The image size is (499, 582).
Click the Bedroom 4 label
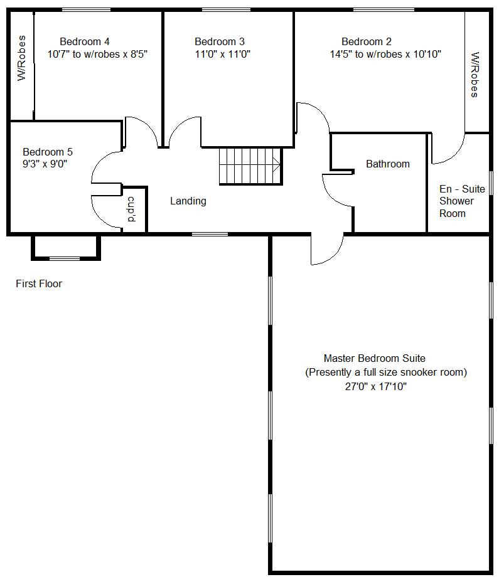point(85,41)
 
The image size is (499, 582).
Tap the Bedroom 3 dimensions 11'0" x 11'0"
point(223,54)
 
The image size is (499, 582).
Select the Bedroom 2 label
point(367,41)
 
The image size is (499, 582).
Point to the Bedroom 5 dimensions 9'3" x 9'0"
point(45,164)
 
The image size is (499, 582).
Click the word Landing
point(188,201)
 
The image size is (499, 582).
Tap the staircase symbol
point(250,166)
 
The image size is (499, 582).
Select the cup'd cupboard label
point(132,209)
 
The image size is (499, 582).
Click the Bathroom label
point(388,164)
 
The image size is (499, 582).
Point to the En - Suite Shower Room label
point(462,201)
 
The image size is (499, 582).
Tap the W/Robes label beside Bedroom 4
point(22,58)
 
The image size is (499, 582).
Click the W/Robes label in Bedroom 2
point(475,75)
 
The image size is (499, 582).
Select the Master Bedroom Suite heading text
point(375,359)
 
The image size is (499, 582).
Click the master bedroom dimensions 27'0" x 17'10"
point(375,387)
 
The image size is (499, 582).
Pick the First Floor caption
point(39,284)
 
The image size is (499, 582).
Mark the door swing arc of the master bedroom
point(333,256)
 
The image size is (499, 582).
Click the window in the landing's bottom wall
point(210,234)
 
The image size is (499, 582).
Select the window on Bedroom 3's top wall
point(227,10)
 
